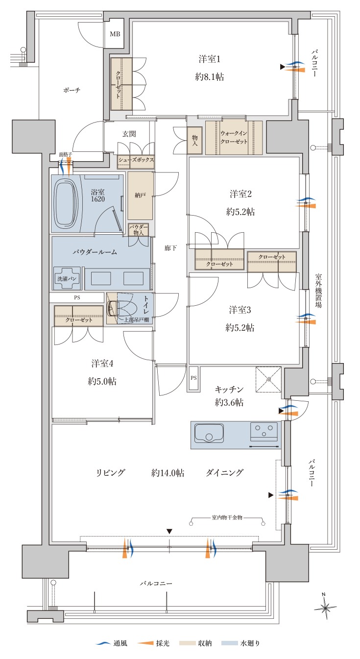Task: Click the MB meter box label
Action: pos(115,34)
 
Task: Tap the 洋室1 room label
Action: pos(210,59)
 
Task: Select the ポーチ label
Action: pos(72,90)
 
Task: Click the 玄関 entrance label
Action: pos(129,134)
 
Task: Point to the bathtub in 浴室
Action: pos(67,204)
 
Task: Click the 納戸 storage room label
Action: pos(140,195)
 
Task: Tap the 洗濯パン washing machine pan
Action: pos(67,278)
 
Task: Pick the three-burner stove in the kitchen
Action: pos(264,431)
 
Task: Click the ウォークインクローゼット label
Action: pos(234,137)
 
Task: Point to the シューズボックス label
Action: pos(136,160)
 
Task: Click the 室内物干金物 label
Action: pos(227,517)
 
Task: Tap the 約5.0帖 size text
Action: pos(102,382)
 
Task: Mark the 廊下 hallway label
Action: pos(170,248)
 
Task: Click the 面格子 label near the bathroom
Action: pos(65,154)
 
